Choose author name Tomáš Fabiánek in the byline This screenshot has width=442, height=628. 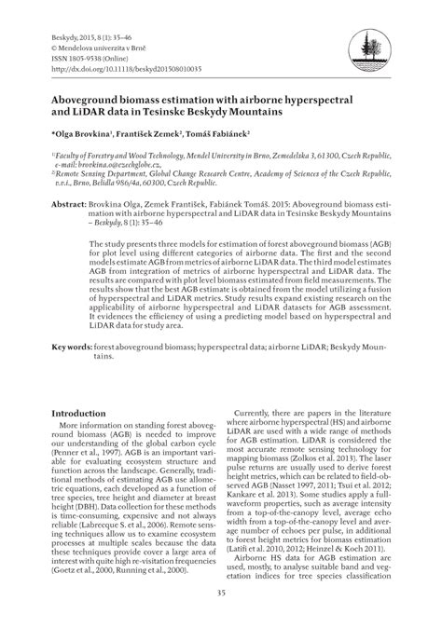[223, 134]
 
